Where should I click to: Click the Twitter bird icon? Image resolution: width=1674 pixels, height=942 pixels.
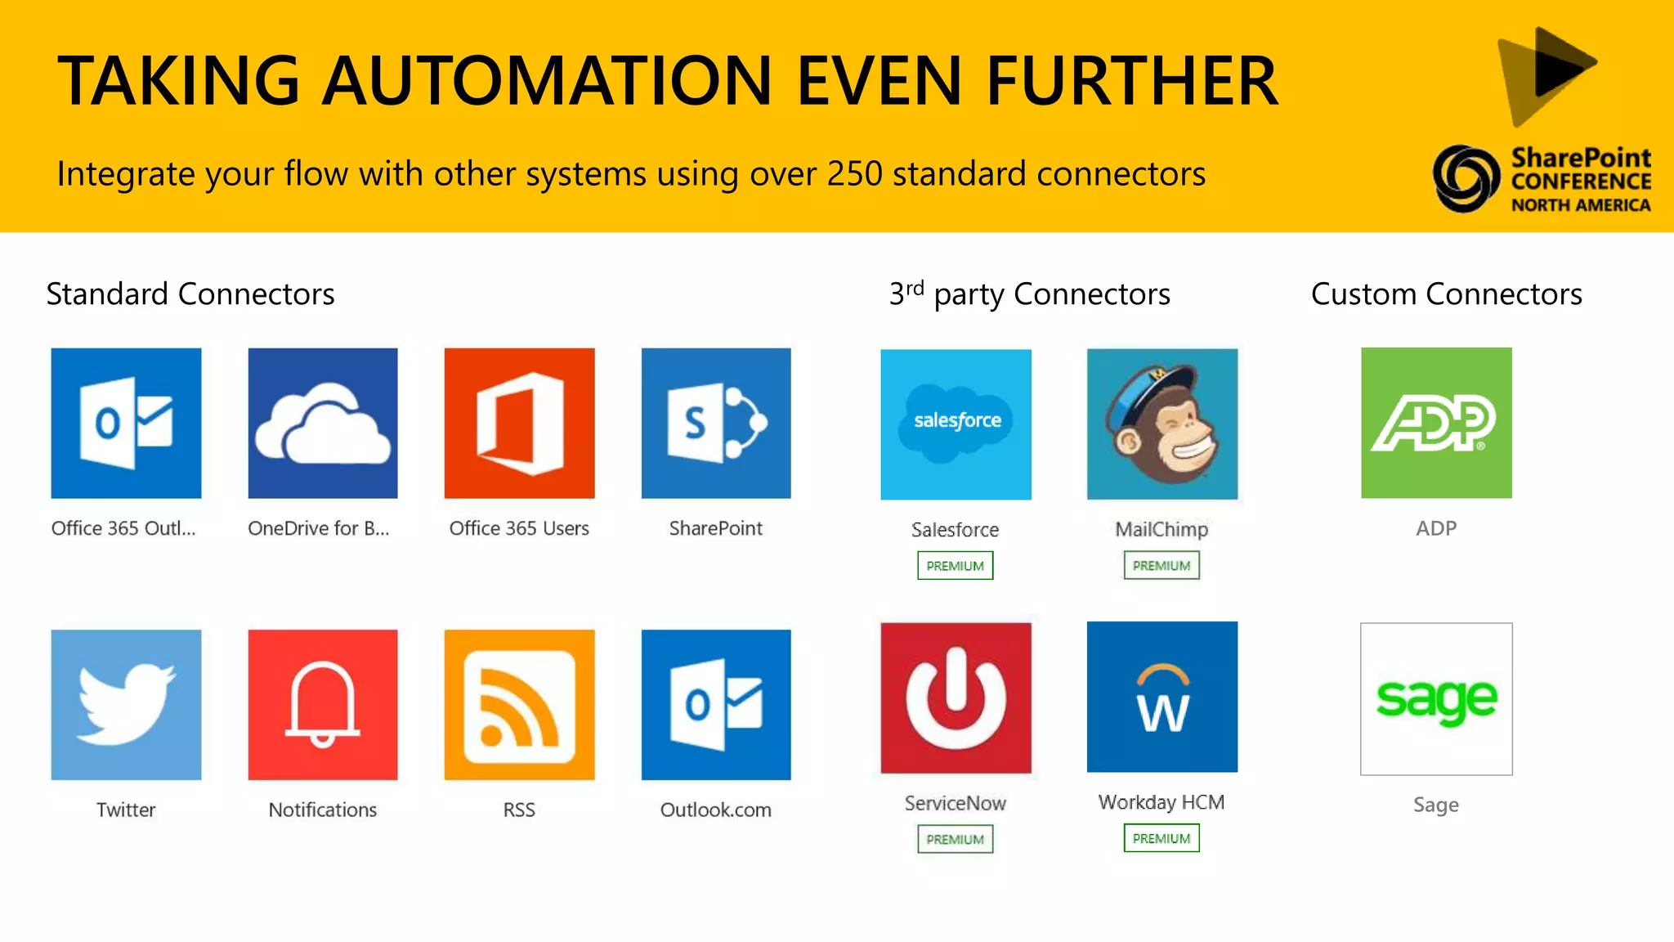[x=126, y=704]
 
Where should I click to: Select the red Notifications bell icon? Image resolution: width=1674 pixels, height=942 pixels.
[x=323, y=704]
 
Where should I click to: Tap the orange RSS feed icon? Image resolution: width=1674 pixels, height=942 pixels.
[x=519, y=704]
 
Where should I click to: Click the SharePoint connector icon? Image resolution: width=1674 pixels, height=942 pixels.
[x=716, y=423]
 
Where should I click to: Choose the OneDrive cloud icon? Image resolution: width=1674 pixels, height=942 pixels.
[x=323, y=423]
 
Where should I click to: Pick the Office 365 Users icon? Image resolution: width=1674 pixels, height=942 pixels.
[x=519, y=423]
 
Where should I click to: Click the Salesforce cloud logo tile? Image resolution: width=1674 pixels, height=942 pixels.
[x=956, y=424]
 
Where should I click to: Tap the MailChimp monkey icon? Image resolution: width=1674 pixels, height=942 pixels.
[x=1162, y=424]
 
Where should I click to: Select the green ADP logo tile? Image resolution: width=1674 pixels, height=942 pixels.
[x=1436, y=423]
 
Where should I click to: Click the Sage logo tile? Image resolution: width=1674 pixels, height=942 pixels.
[x=1436, y=699]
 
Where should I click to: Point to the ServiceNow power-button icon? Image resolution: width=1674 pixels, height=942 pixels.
[x=956, y=698]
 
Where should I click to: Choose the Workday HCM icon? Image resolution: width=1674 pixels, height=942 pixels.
[x=1162, y=697]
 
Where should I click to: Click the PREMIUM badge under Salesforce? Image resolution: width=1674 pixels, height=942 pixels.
[x=955, y=566]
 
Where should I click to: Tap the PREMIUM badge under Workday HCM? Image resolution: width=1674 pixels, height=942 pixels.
[x=1162, y=838]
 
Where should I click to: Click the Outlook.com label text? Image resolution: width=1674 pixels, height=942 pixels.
[x=715, y=810]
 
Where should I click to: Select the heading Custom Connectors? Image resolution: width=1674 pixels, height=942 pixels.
[x=1446, y=294]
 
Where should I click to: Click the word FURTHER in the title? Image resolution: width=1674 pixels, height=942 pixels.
[x=1132, y=80]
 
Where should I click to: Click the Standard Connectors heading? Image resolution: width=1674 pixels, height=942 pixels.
[x=190, y=294]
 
